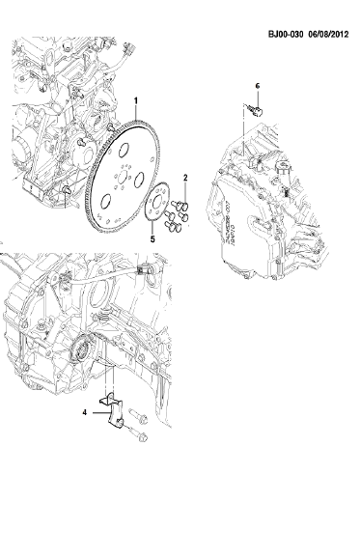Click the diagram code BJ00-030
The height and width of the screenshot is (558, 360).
click(286, 34)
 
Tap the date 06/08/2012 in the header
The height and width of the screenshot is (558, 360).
click(328, 34)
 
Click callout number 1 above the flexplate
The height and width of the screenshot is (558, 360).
click(135, 100)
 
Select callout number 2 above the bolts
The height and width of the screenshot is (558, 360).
click(185, 178)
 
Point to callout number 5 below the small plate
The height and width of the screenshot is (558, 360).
click(152, 239)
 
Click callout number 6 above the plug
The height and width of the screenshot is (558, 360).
click(258, 86)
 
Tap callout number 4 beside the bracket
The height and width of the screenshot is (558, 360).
click(85, 412)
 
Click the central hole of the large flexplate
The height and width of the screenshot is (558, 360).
click(123, 176)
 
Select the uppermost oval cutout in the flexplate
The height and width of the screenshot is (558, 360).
click(124, 151)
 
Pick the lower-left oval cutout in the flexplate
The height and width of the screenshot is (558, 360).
click(105, 202)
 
